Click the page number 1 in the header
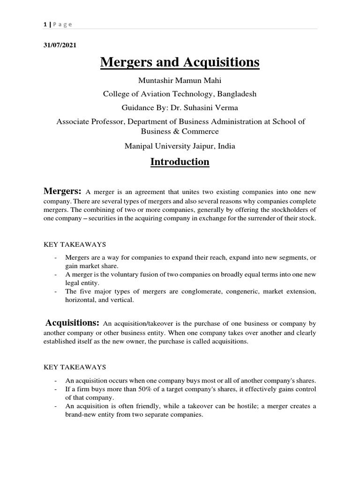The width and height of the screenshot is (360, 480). click(x=44, y=24)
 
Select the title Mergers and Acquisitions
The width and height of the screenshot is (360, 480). click(x=180, y=62)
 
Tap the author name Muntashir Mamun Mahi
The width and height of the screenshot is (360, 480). click(x=180, y=81)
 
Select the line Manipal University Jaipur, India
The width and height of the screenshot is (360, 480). click(x=180, y=146)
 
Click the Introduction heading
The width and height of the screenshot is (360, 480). click(x=180, y=162)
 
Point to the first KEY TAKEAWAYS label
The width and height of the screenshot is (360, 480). click(x=75, y=245)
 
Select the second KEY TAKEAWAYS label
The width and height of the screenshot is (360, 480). click(x=75, y=367)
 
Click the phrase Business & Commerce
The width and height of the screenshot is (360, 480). click(x=180, y=131)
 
